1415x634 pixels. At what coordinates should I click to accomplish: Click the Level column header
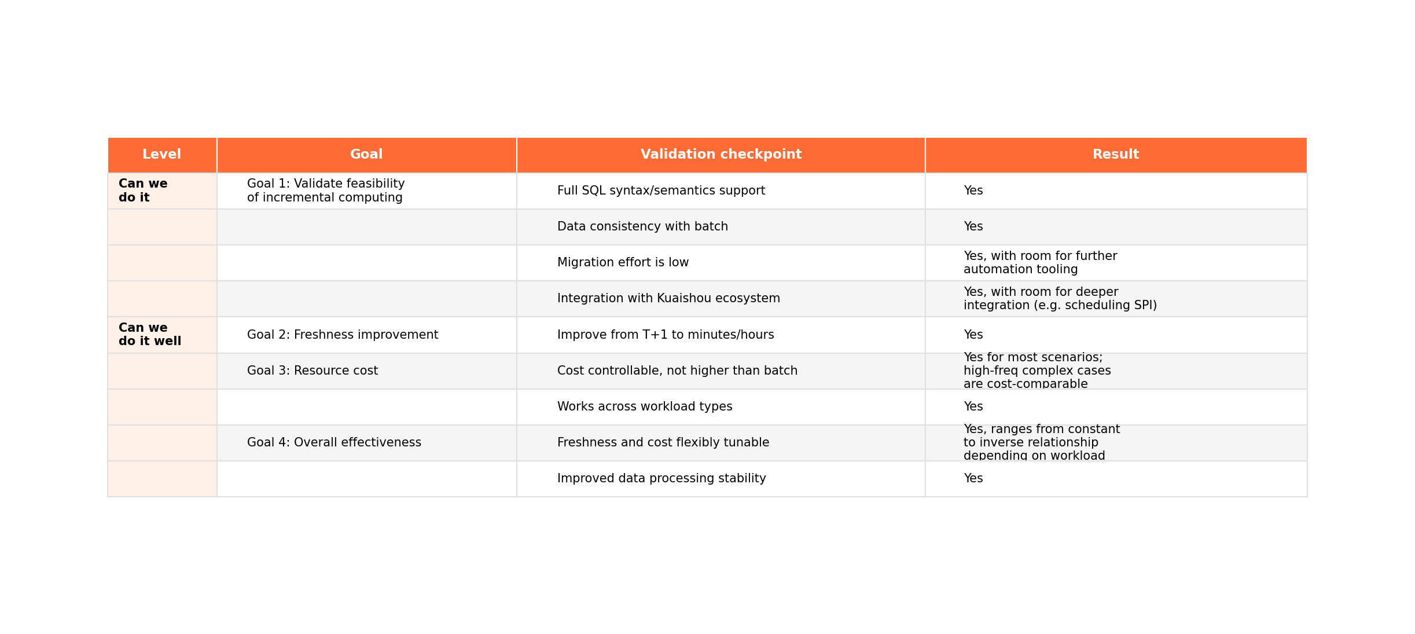tap(161, 155)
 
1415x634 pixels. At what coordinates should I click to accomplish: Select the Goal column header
tap(366, 155)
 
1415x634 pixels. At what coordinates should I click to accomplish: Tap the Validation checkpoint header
tap(721, 155)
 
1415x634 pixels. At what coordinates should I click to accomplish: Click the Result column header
tap(1115, 155)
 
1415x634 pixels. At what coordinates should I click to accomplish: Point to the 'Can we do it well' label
tap(149, 335)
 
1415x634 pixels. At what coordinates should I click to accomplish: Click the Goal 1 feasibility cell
tap(325, 190)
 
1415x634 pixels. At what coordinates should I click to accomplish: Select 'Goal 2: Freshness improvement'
tap(342, 335)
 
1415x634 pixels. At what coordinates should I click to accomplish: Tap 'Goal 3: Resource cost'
tap(312, 371)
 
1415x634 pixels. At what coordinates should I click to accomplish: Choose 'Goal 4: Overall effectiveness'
tap(334, 442)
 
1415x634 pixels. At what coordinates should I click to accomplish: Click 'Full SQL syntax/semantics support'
tap(660, 190)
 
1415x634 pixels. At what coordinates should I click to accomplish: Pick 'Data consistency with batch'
tap(642, 226)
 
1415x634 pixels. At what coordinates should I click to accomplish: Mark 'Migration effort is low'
tap(623, 262)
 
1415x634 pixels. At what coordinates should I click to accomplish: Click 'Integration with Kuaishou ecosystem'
tap(668, 298)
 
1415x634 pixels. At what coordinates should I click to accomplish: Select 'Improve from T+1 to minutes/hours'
tap(665, 335)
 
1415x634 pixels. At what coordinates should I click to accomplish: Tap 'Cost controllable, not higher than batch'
tap(677, 371)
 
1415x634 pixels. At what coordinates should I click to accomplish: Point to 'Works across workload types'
tap(644, 406)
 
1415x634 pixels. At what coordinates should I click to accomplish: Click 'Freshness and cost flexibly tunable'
tap(663, 442)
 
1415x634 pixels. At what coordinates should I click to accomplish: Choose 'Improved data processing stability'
tap(661, 478)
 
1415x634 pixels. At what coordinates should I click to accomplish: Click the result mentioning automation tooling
tap(1039, 263)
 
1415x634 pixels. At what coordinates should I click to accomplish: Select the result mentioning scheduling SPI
tap(1059, 299)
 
